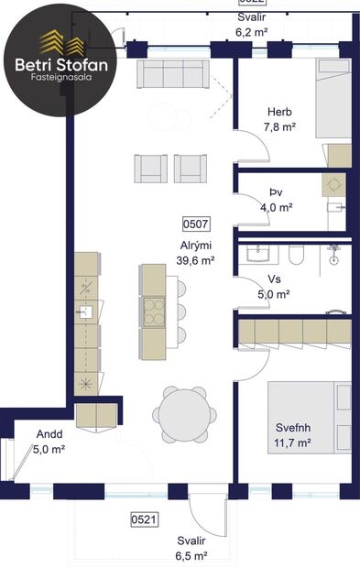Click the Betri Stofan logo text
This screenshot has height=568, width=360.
point(62,65)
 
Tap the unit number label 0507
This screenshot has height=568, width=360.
point(197,223)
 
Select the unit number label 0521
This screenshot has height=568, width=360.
point(143,519)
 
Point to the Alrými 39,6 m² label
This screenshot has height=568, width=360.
point(196,253)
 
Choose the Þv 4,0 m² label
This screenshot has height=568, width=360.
point(275,200)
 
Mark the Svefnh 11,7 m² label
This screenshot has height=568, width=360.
point(294,434)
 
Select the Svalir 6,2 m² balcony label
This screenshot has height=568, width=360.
point(251,25)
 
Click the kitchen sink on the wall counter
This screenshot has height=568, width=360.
point(85,312)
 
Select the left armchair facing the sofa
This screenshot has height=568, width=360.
point(151,167)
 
